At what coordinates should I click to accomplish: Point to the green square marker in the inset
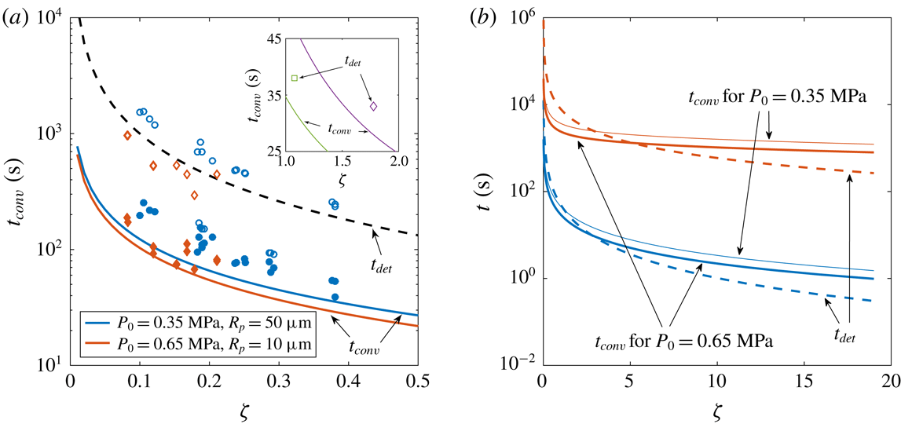pos(294,78)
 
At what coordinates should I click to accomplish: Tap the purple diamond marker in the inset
pos(373,106)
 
